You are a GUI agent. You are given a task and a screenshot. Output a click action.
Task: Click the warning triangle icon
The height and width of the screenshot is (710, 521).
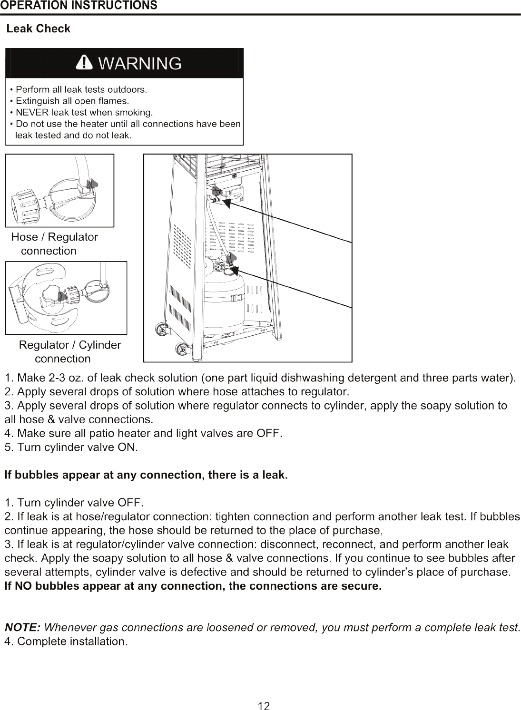pos(84,62)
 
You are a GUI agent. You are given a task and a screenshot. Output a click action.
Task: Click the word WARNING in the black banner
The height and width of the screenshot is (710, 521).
pos(140,63)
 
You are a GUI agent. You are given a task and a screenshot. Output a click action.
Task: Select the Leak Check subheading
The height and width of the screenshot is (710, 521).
pos(39,29)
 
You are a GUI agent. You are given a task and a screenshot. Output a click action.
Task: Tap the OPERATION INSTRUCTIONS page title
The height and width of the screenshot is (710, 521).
pos(79,5)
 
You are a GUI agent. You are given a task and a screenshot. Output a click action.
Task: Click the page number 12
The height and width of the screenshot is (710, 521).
pos(264,706)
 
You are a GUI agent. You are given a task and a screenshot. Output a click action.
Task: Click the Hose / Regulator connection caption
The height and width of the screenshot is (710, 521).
pos(54,244)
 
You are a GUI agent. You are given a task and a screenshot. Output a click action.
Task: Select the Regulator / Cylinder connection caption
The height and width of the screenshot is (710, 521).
pos(70,352)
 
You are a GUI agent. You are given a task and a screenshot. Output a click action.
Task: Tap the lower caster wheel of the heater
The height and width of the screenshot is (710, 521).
pos(182,350)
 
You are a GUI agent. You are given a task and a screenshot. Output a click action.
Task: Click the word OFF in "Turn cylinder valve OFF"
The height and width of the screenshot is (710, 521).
pos(130,503)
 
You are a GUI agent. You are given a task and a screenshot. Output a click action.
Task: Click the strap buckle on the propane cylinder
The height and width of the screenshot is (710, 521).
pos(238,298)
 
